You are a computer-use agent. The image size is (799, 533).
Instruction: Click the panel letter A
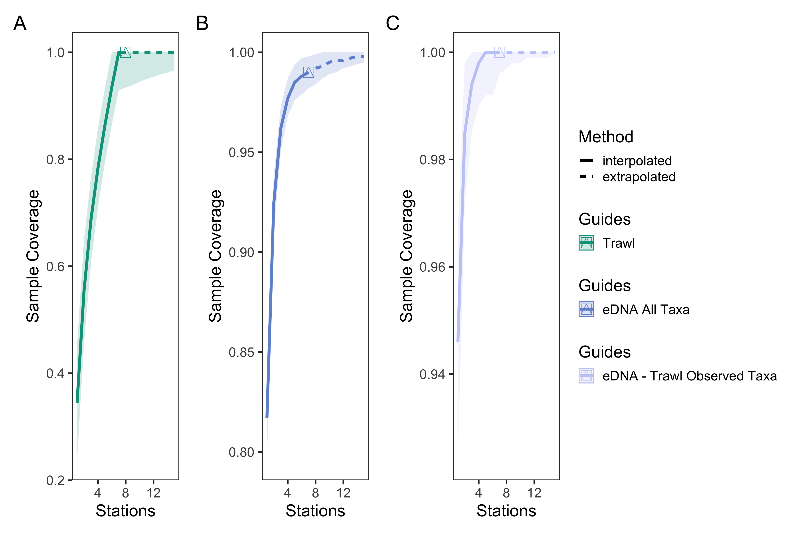point(20,24)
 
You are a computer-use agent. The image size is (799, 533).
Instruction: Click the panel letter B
point(202,24)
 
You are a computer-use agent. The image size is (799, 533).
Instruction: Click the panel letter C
point(392,24)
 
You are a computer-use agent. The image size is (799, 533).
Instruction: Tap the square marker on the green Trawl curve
point(126,52)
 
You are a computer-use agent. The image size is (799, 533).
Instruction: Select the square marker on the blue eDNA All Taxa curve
point(309,72)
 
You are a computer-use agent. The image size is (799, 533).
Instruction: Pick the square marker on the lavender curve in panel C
point(499,52)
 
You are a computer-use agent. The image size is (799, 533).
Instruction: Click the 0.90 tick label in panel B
point(241,252)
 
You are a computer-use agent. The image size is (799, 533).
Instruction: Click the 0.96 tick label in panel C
point(432,267)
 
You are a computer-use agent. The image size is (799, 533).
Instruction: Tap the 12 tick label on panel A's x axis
point(154,493)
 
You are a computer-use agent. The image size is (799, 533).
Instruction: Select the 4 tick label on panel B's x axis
point(287,493)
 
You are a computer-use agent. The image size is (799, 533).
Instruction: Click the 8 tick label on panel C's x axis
point(506,493)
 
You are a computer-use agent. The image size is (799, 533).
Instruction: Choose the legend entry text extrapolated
point(639,177)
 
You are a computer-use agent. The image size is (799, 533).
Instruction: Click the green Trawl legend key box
point(586,243)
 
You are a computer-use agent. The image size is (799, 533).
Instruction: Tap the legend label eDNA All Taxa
point(646,309)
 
